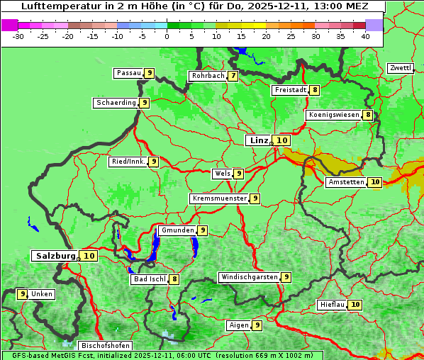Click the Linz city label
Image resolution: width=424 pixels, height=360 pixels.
point(258,140)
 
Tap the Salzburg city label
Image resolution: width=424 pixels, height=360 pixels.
point(55,256)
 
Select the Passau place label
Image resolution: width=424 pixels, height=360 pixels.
point(128,73)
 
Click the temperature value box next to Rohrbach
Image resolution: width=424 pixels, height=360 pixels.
point(233,76)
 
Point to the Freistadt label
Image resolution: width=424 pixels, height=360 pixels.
point(289,90)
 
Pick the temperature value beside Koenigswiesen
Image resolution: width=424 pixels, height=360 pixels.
point(367,115)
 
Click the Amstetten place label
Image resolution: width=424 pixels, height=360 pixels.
point(345,182)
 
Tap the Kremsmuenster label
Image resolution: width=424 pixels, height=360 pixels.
point(218,198)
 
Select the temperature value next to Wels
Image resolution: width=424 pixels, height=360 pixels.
point(239,174)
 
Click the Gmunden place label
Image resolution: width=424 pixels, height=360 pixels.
point(177,230)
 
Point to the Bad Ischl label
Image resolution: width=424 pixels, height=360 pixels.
point(149,279)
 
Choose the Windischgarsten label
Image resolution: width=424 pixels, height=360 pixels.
point(249,277)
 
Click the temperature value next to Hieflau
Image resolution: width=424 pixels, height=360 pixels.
point(355,305)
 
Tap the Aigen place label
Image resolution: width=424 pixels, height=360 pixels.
point(238,325)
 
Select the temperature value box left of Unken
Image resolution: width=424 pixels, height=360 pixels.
point(23,294)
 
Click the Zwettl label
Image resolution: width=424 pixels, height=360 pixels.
point(400,68)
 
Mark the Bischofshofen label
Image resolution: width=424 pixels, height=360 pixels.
point(105,346)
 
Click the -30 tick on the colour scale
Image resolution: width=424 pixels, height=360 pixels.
point(18,35)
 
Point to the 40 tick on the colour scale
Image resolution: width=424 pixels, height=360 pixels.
point(365,35)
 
